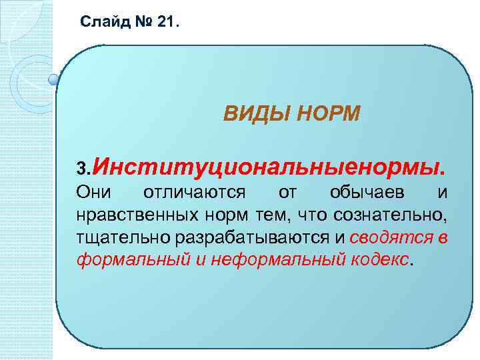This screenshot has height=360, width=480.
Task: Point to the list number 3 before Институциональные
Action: pyautogui.click(x=80, y=164)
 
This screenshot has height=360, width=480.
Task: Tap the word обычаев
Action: pyautogui.click(x=366, y=193)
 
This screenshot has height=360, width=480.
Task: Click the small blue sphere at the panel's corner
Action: pyautogui.click(x=54, y=81)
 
